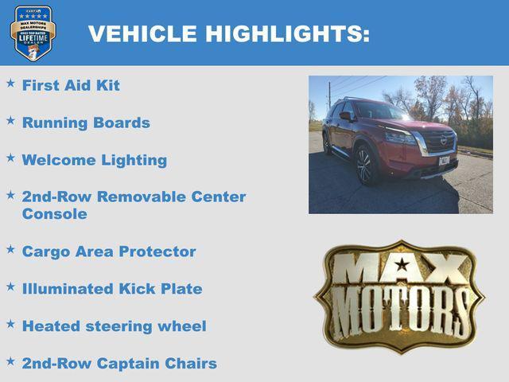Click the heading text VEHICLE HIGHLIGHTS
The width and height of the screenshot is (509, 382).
(x=229, y=33)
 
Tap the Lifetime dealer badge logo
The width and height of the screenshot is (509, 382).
(x=33, y=33)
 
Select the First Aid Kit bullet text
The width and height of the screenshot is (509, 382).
(x=71, y=85)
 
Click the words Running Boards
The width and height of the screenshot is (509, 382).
(x=86, y=123)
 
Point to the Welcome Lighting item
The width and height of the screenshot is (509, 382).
(x=95, y=160)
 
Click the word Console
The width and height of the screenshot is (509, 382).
(x=54, y=214)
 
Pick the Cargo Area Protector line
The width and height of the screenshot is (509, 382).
(x=109, y=251)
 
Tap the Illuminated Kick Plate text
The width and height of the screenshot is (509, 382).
(x=112, y=289)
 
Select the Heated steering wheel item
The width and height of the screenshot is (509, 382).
(x=114, y=326)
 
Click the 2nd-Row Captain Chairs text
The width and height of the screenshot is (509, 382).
(x=119, y=364)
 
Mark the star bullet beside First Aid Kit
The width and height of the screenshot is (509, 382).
(x=10, y=83)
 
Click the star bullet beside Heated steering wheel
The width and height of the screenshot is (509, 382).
(x=10, y=324)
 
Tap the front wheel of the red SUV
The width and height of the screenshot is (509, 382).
(x=365, y=166)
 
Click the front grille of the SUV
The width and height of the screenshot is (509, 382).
(x=440, y=141)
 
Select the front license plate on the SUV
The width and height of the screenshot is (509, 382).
(x=444, y=160)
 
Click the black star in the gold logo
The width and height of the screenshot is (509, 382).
(x=402, y=265)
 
